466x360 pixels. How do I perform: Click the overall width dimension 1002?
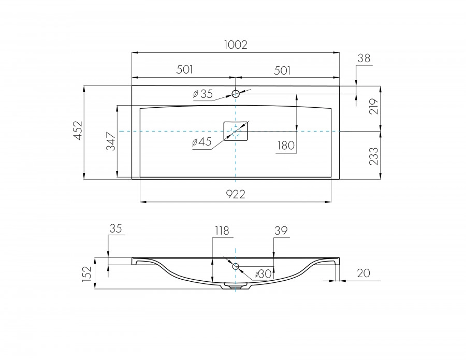(236, 45)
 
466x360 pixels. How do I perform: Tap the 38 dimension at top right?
(364, 59)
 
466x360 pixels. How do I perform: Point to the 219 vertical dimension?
(375, 106)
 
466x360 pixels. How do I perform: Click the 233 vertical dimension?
(375, 155)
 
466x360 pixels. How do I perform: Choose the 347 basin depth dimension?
(111, 141)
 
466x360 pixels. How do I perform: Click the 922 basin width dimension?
(236, 194)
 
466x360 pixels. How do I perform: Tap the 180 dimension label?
(286, 146)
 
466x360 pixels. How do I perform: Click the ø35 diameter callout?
(202, 94)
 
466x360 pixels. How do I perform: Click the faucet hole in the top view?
(236, 94)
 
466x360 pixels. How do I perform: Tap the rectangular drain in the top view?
(236, 131)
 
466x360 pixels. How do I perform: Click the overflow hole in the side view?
(236, 267)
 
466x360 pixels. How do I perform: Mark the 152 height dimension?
(88, 273)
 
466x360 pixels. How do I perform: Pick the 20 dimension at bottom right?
(363, 273)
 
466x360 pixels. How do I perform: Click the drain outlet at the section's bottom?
(236, 285)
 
